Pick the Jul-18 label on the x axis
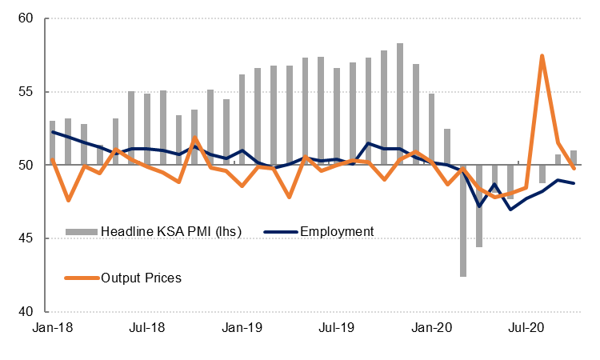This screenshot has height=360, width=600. click(147, 327)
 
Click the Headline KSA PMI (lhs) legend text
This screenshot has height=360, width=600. click(170, 232)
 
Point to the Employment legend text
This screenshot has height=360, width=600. click(337, 232)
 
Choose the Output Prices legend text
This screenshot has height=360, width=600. click(142, 278)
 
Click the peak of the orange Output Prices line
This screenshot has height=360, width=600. click(542, 56)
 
